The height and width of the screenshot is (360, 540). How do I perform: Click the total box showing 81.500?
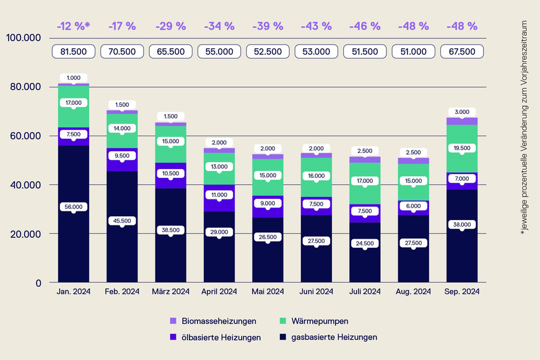tap(73, 51)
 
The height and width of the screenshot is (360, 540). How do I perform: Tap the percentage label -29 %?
tap(170, 26)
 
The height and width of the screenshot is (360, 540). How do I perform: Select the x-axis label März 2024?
tap(170, 291)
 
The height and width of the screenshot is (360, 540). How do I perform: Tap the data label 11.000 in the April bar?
tap(219, 195)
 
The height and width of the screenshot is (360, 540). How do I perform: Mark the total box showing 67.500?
tap(461, 51)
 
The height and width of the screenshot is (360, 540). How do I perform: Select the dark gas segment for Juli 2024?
tap(364, 260)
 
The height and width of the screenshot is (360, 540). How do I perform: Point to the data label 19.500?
tap(461, 148)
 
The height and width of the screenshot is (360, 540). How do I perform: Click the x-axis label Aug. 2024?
tap(413, 291)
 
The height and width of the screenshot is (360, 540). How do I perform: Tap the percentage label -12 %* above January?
tap(73, 26)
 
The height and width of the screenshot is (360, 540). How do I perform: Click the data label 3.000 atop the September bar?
tap(461, 112)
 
